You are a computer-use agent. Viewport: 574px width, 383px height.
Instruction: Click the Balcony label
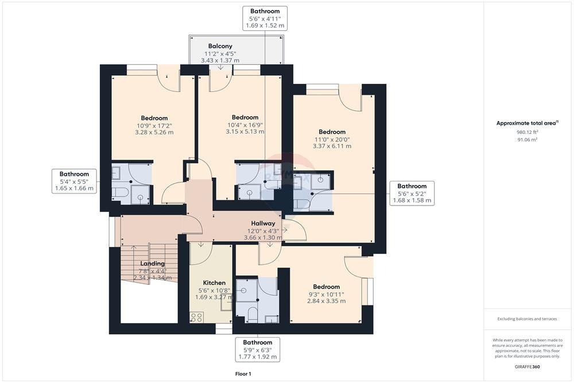[220, 46]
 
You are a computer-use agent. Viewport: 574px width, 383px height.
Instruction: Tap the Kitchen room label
[214, 283]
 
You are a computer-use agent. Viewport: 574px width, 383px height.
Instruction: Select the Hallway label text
[263, 223]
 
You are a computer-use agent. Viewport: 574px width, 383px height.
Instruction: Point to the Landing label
[152, 264]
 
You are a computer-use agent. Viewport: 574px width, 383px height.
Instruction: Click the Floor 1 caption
[243, 374]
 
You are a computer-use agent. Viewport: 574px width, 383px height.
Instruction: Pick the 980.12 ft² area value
[528, 132]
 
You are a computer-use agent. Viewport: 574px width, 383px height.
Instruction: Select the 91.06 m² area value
[527, 140]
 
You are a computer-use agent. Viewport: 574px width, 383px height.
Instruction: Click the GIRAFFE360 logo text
[527, 366]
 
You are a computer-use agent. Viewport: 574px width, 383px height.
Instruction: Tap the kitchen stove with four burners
[196, 317]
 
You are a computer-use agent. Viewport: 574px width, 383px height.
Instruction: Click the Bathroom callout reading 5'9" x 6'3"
[258, 349]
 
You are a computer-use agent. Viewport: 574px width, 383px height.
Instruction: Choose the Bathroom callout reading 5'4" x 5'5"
[74, 181]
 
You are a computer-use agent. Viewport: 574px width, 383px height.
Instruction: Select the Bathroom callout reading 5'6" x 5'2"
[412, 193]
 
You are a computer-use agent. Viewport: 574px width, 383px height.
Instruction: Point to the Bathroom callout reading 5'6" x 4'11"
[265, 18]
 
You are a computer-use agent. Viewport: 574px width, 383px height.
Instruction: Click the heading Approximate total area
[527, 123]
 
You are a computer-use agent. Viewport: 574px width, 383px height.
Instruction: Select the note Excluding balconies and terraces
[527, 319]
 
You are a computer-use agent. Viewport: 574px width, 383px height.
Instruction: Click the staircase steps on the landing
[150, 262]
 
